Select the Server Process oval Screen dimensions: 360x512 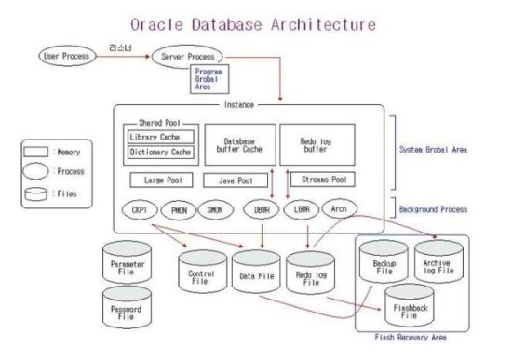[189, 56]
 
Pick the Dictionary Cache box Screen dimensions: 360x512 [159, 152]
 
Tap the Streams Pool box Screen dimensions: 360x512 [319, 178]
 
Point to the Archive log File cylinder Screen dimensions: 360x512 [443, 264]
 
